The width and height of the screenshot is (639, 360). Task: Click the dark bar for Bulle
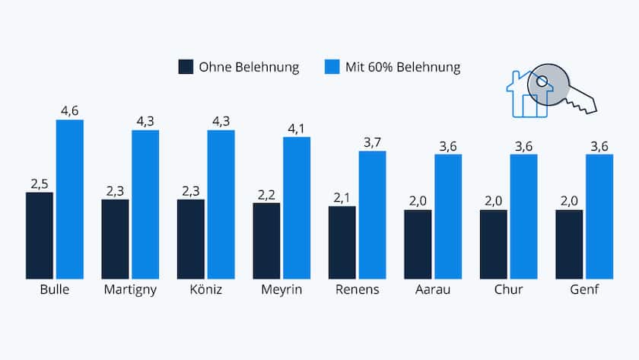tap(40, 235)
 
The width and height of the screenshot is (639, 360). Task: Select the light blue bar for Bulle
tap(69, 199)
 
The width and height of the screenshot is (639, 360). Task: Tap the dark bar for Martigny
tap(115, 239)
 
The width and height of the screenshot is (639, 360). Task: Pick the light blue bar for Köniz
tap(221, 204)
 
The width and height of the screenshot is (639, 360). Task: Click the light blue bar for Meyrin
tap(297, 208)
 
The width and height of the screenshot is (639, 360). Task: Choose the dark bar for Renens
tap(342, 242)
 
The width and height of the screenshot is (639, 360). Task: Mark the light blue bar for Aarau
tap(448, 216)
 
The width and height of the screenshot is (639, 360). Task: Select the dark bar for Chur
tap(494, 244)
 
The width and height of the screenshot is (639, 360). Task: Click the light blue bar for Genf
tap(599, 216)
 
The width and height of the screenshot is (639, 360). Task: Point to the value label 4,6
tap(69, 111)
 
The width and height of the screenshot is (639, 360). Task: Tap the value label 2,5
tap(40, 183)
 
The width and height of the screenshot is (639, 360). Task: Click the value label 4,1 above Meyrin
tap(297, 129)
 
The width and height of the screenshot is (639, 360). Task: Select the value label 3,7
tap(373, 142)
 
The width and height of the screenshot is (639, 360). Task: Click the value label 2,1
tap(342, 198)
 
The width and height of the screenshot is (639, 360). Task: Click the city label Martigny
tap(129, 291)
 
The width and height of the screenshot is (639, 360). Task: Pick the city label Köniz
tap(205, 290)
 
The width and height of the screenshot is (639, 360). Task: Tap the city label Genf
tap(585, 290)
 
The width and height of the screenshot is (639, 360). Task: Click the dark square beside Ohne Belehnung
tap(186, 67)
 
